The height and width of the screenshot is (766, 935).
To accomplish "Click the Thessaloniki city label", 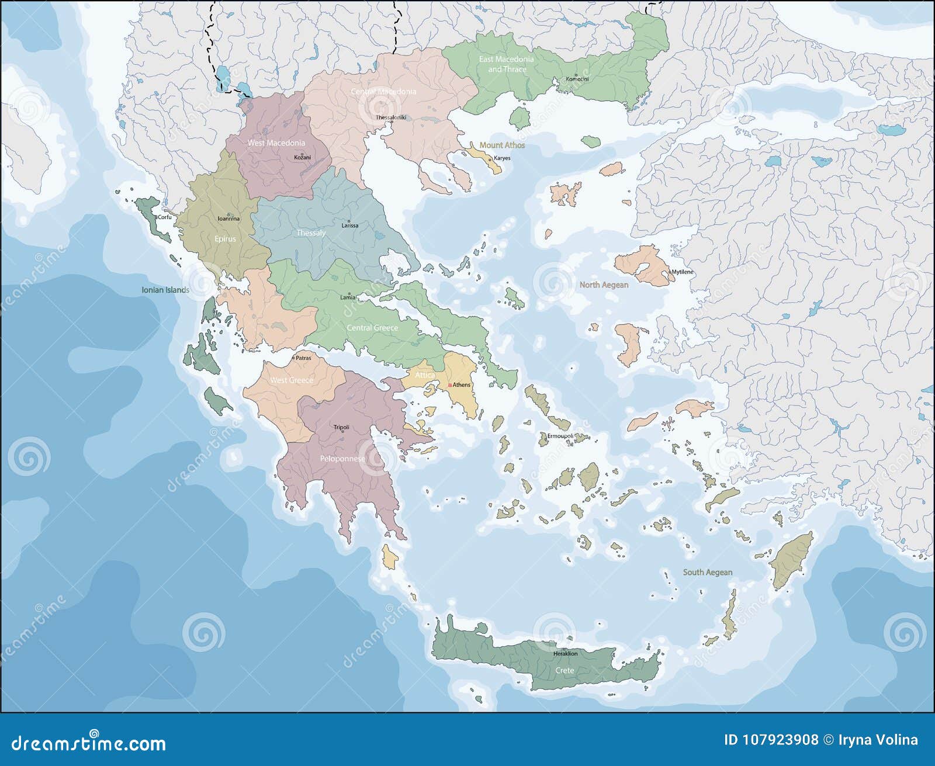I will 390,117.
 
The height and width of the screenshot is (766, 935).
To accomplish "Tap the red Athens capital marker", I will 449,385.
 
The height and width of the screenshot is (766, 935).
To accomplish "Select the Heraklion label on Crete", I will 565,654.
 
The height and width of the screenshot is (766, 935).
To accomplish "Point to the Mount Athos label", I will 502,145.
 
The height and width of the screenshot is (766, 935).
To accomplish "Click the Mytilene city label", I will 682,272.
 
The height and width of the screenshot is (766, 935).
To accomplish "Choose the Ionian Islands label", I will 165,290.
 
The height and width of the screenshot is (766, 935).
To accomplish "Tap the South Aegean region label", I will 707,572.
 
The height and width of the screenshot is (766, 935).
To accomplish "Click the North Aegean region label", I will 604,285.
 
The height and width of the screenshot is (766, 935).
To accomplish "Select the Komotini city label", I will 577,79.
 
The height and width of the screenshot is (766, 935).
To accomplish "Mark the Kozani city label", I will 302,157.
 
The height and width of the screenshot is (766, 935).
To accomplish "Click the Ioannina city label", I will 228,219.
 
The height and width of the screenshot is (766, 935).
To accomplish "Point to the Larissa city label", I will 350,225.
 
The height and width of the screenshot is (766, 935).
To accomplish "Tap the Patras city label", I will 303,357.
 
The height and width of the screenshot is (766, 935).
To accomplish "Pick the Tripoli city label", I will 341,427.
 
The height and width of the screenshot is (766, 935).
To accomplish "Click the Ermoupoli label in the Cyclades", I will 560,436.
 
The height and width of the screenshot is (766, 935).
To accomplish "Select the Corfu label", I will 164,217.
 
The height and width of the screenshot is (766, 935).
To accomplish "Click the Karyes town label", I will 502,158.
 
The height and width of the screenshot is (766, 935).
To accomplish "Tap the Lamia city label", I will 348,297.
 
